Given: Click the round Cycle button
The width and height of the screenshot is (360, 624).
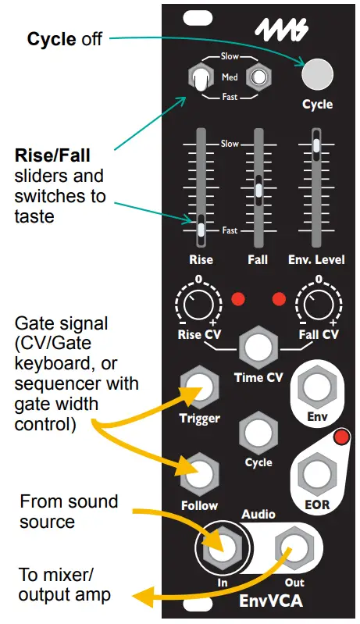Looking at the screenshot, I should click(317, 75).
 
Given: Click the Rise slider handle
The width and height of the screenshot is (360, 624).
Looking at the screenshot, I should click(201, 229).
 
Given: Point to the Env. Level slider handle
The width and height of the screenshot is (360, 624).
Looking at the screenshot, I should click(315, 145).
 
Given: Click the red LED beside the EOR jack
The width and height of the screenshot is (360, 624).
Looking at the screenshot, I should click(340, 437).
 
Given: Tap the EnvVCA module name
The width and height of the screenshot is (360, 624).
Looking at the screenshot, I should click(259, 602).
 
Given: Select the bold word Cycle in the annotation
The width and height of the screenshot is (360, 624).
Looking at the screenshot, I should click(52, 38).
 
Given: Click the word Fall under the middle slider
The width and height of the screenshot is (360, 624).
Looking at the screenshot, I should click(257, 259).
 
